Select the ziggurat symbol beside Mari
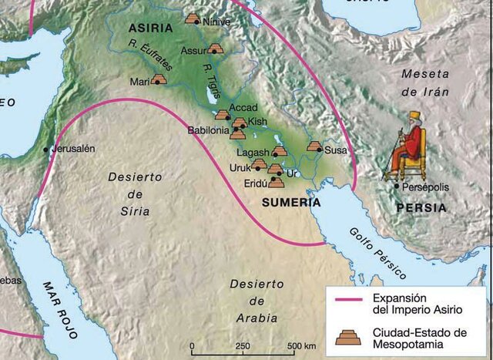[x=159, y=79]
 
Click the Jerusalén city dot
[x=45, y=149]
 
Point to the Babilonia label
[x=208, y=131]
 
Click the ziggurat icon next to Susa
[x=314, y=146]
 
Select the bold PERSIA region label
[x=421, y=207]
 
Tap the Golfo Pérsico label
[x=377, y=254]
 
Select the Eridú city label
[x=255, y=184]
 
